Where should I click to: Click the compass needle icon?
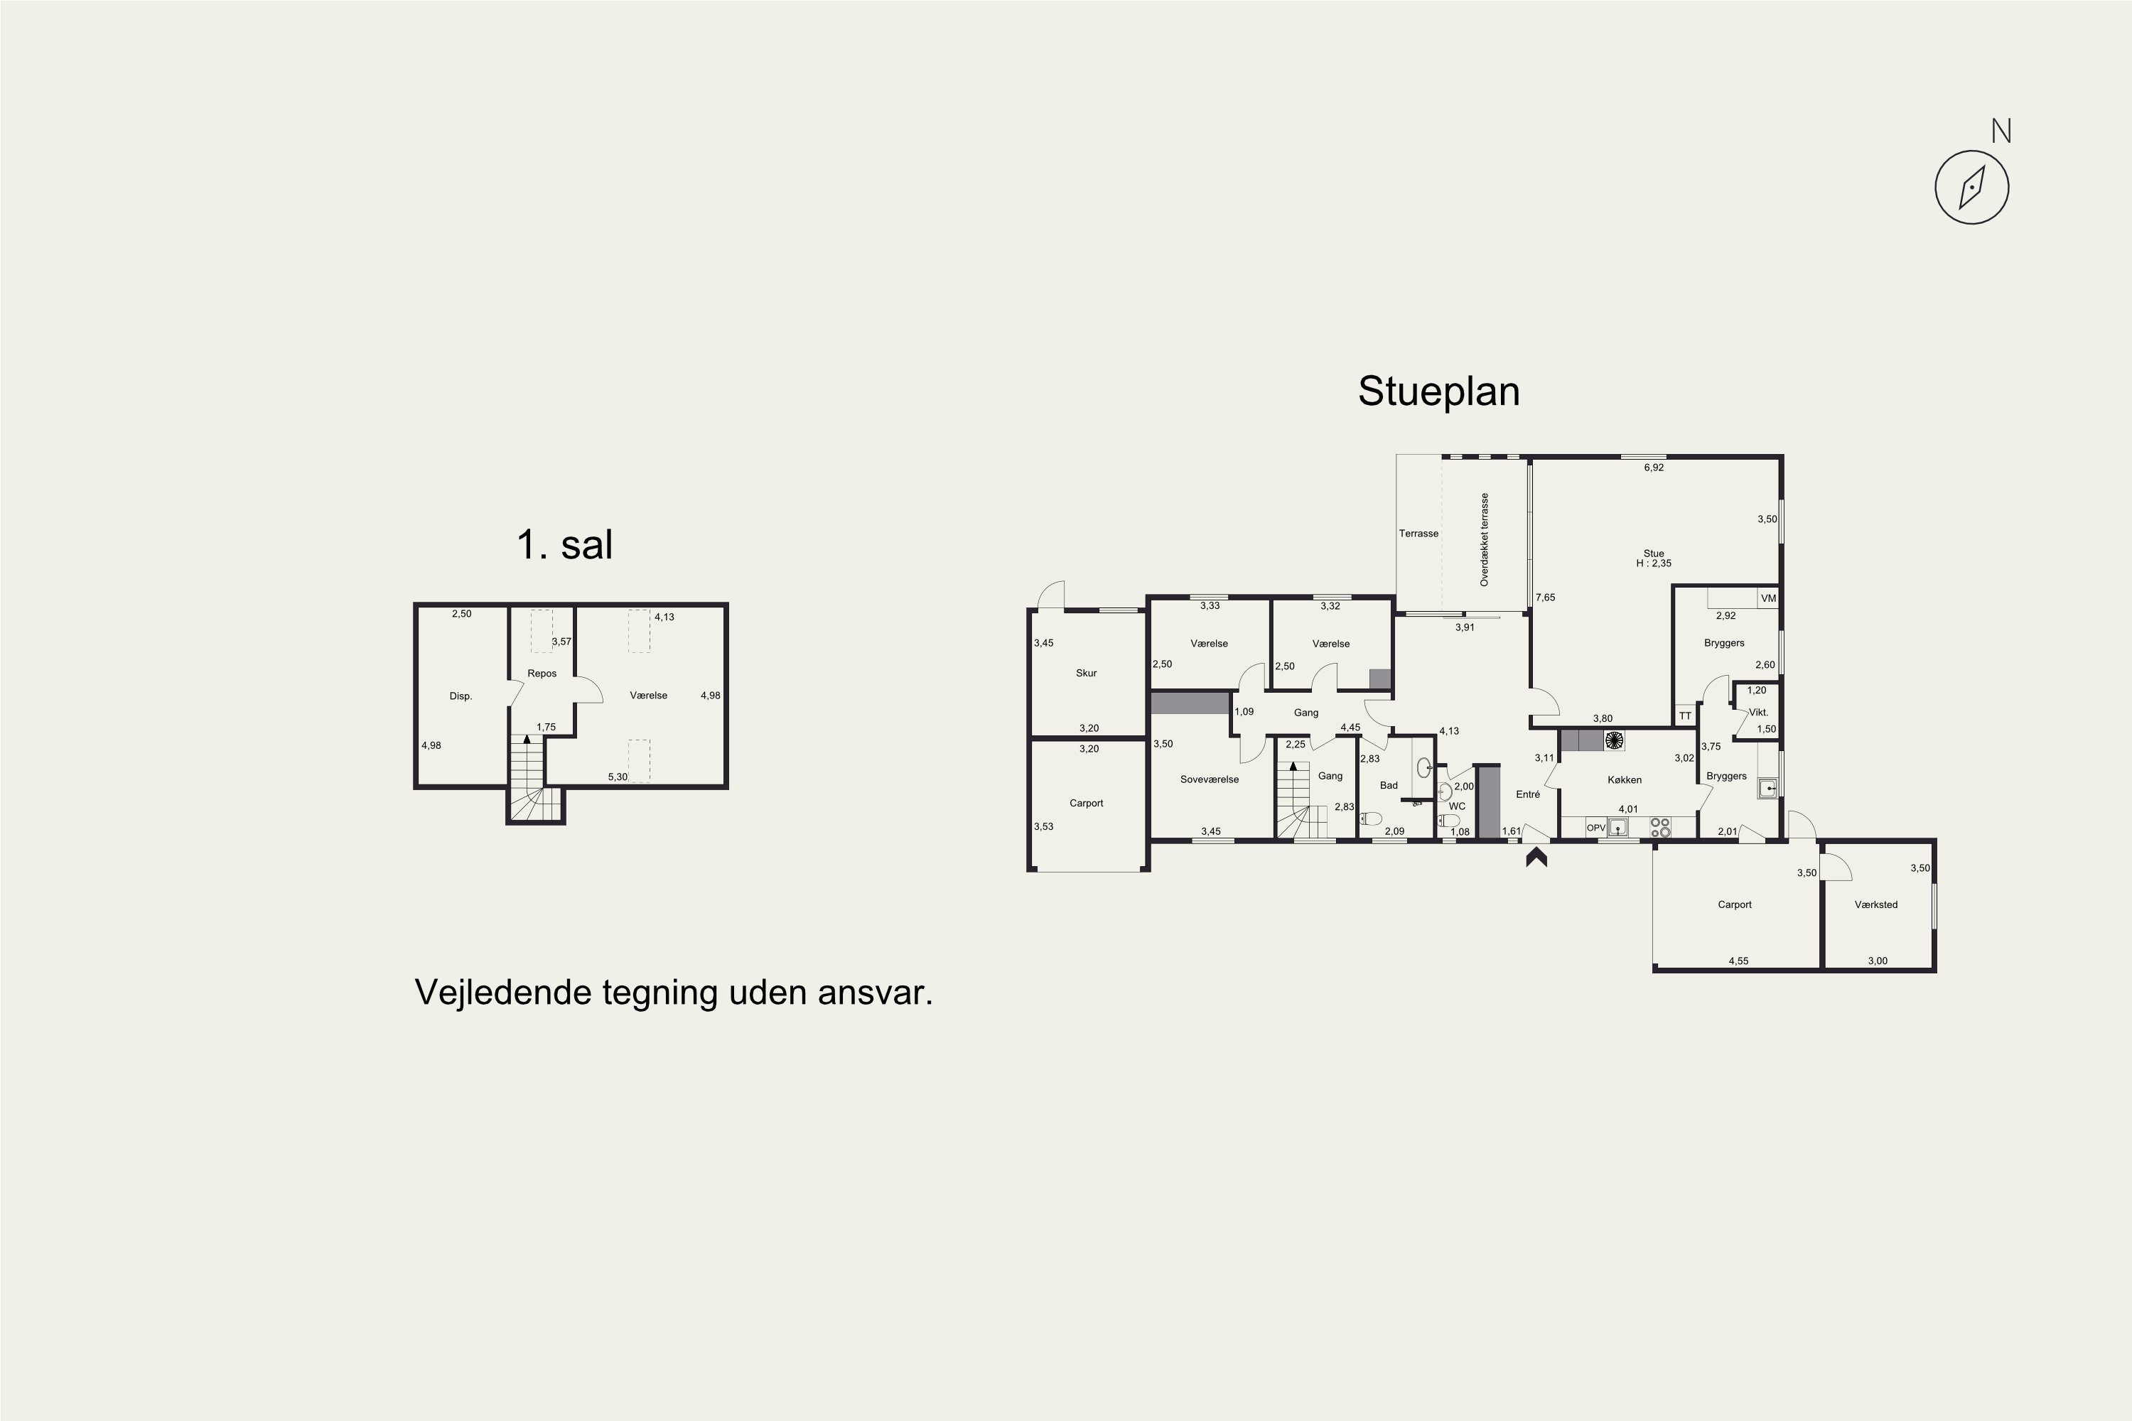(1971, 188)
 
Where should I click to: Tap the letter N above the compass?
(2001, 131)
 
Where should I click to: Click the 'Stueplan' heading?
(1438, 391)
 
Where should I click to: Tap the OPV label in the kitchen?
(1595, 828)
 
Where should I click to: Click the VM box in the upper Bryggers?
(1767, 598)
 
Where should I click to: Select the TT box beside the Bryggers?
(1685, 716)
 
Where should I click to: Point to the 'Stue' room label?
(1654, 553)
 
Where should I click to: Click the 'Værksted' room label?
(1875, 904)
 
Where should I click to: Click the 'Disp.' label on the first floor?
(461, 696)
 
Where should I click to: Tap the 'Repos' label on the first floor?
(542, 674)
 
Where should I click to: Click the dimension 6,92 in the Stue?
(1654, 468)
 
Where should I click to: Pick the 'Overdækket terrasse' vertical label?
(1485, 540)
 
